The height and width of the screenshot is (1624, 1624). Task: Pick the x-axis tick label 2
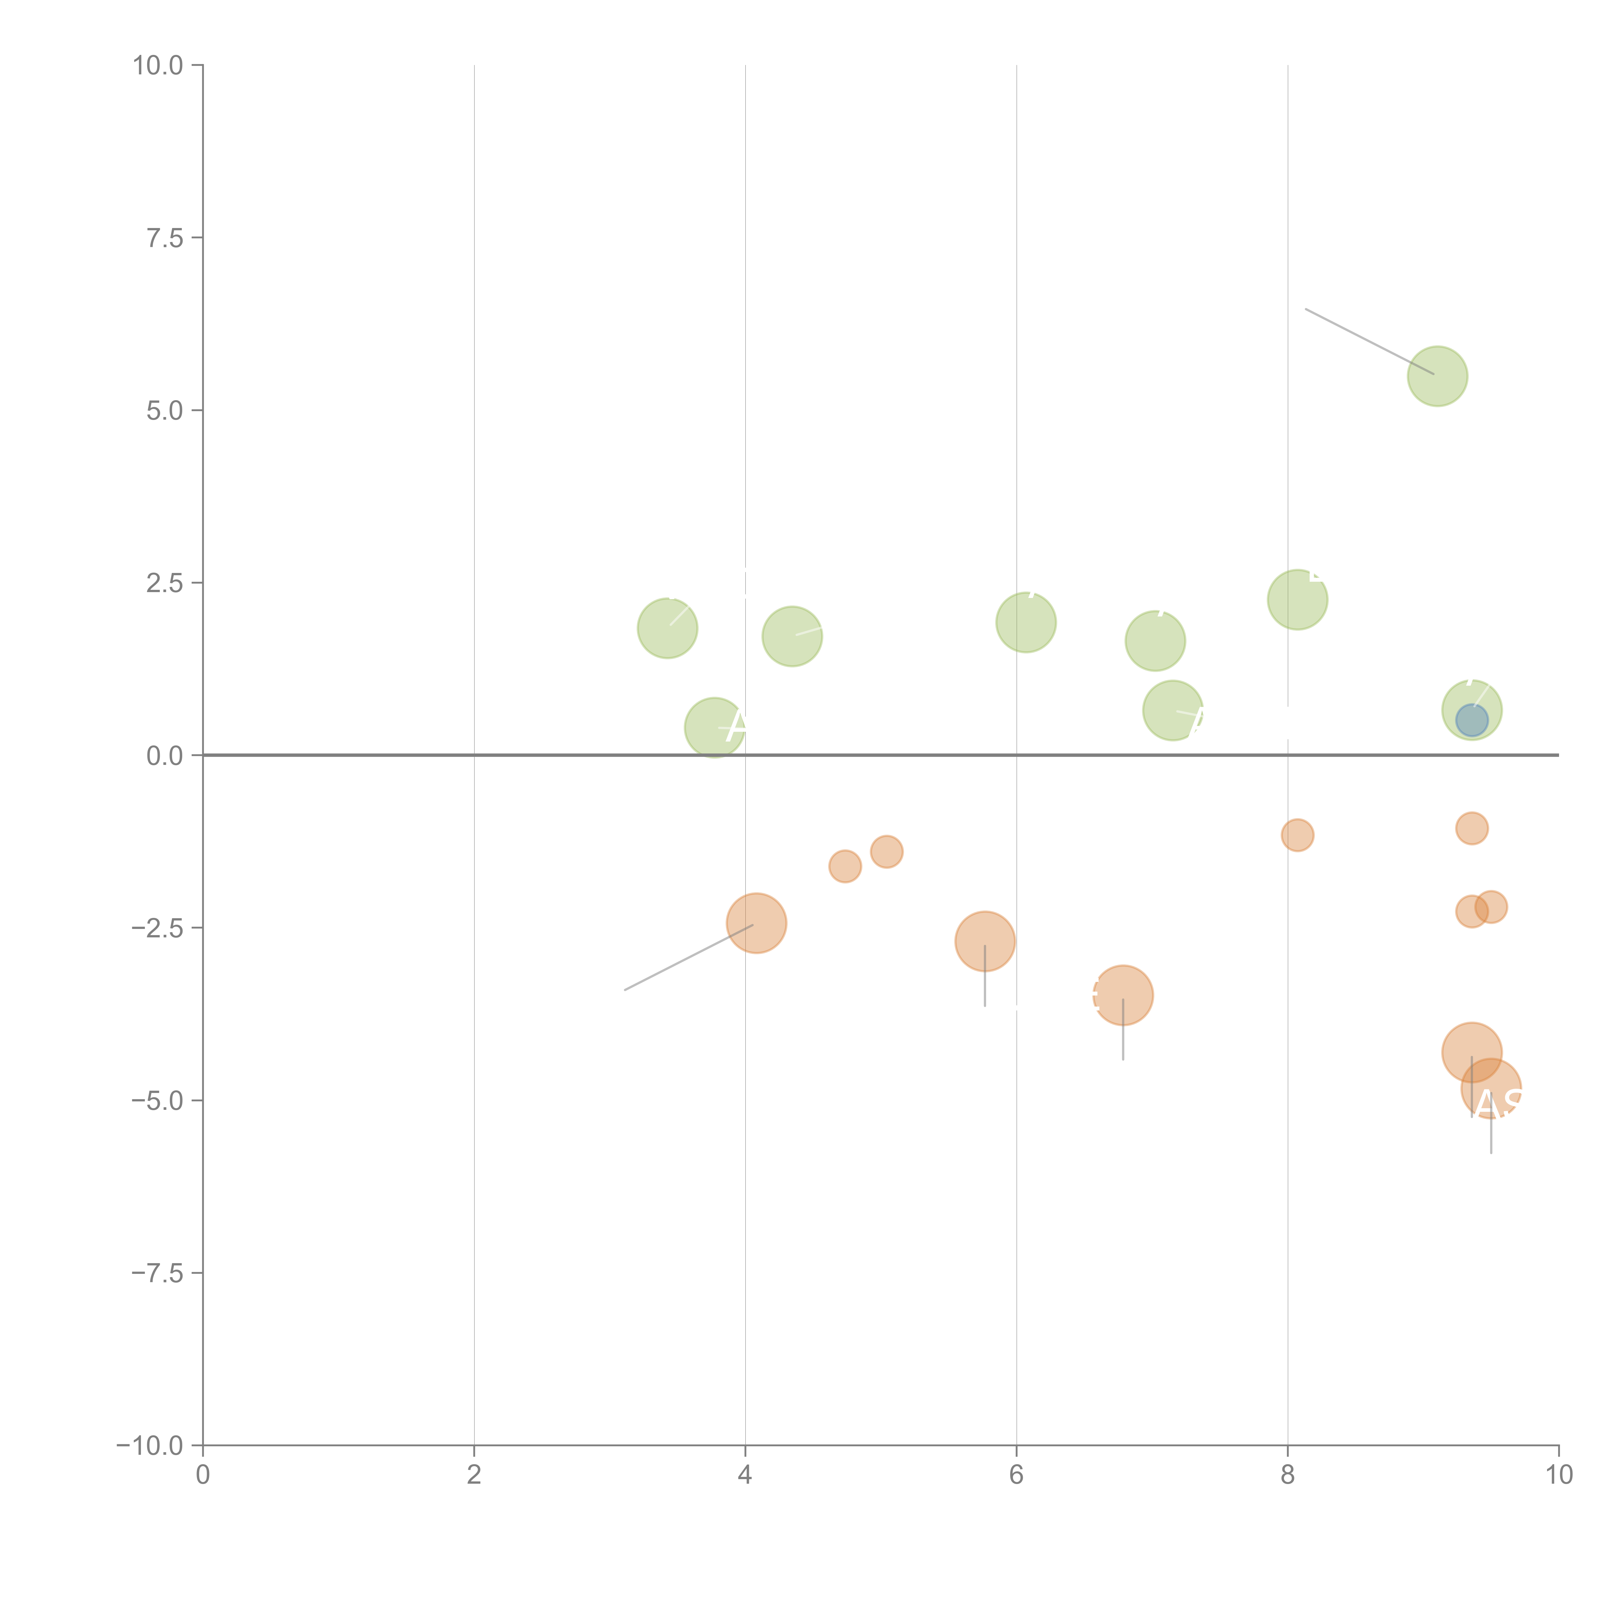coord(474,1475)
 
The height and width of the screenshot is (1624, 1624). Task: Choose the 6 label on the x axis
coord(1016,1475)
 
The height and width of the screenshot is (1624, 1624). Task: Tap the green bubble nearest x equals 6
coord(1025,622)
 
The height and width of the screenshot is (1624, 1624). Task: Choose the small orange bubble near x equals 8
coord(1297,835)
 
